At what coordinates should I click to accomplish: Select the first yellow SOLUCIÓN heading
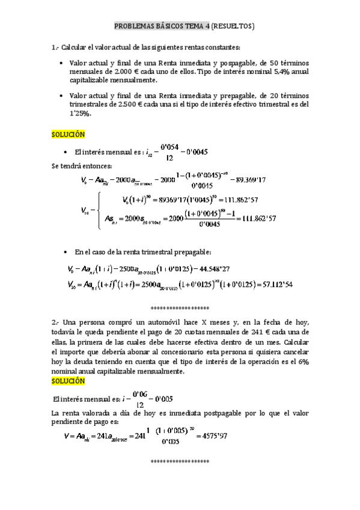[68, 134]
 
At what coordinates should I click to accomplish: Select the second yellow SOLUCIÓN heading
[68, 381]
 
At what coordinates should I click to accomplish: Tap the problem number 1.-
[56, 48]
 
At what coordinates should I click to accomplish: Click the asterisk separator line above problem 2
[179, 306]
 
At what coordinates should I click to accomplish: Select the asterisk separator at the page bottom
[179, 461]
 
